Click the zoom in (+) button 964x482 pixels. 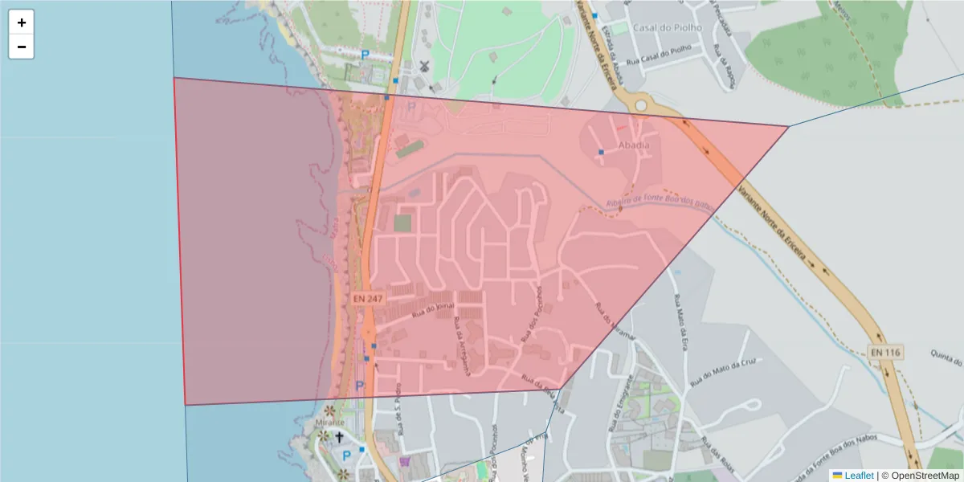[x=22, y=22]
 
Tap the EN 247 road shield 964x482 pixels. [x=368, y=298]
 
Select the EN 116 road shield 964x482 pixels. [x=885, y=352]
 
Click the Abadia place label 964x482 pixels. [x=633, y=145]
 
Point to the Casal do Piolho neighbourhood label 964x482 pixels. [x=667, y=27]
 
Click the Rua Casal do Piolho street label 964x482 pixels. [x=659, y=48]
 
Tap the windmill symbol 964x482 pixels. [x=424, y=65]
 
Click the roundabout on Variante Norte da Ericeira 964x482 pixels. [x=640, y=105]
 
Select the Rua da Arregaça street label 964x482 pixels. [x=463, y=347]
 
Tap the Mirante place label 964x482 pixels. [x=330, y=422]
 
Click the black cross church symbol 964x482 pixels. [x=339, y=437]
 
